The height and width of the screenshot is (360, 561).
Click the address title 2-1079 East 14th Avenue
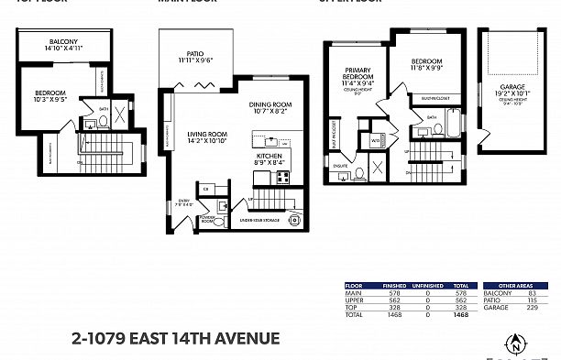coord(175,338)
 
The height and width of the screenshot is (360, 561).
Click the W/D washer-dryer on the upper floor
coord(376,141)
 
